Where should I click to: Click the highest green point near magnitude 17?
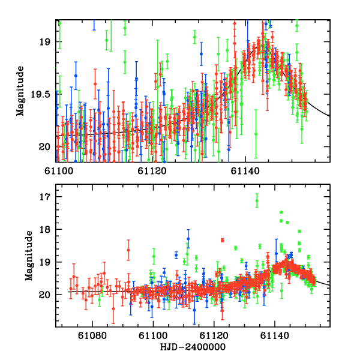(x=257, y=201)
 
